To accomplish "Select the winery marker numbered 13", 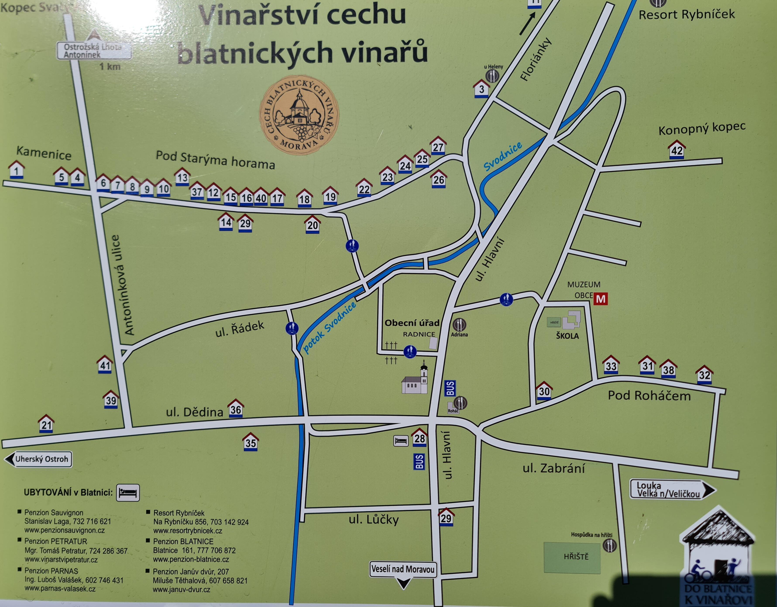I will click(x=182, y=177).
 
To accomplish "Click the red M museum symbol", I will click(x=601, y=299).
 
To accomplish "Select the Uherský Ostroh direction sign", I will click(x=38, y=459).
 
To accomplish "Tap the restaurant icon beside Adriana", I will click(x=459, y=324).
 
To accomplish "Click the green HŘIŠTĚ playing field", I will click(x=572, y=557).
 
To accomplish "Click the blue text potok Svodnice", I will click(x=329, y=328).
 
